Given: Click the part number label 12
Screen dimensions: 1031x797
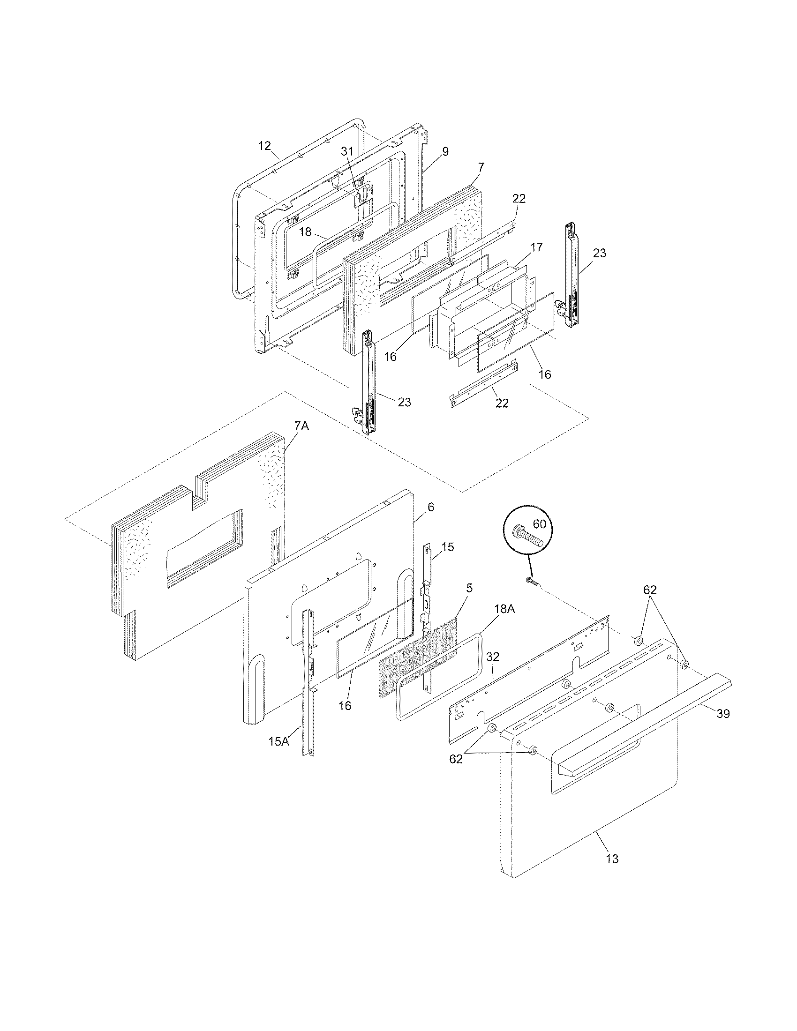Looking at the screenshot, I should pos(265,146).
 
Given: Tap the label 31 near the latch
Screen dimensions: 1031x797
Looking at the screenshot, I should pos(347,151).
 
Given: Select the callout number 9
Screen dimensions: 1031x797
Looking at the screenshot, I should pos(445,151).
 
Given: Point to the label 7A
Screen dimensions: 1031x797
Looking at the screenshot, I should pos(301,426).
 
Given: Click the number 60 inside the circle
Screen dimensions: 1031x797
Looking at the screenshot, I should pos(539,524).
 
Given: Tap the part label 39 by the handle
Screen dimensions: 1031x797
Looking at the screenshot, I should pos(723,714).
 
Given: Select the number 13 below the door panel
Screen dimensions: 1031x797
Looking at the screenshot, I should pos(612,859).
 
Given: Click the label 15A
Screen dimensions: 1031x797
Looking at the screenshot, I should pos(278,741).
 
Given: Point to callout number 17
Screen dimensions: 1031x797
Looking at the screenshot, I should pos(536,247).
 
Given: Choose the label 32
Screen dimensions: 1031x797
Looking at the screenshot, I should pos(492,657).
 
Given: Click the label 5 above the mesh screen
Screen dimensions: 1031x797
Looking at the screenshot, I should pos(469,588).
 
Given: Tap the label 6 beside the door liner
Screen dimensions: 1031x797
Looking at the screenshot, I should pos(430,508).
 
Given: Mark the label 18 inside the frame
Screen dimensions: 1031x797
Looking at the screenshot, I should pos(305,232).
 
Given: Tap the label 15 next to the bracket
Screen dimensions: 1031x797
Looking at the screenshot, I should pos(448,547).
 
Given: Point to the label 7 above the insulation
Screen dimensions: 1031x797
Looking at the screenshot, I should pos(481,167).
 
